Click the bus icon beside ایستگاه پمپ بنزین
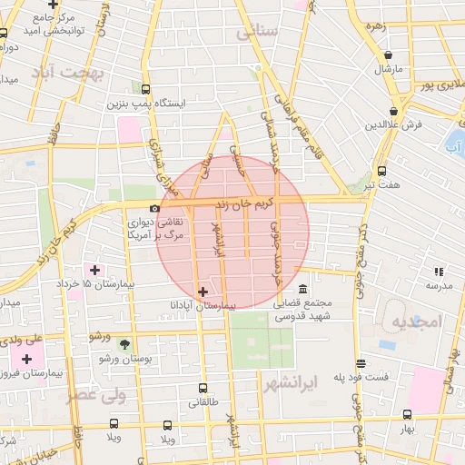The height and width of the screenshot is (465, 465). click(146, 89)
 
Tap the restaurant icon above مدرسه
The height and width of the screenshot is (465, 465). click(440, 271)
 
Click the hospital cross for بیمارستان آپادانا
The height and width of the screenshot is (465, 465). click(202, 292)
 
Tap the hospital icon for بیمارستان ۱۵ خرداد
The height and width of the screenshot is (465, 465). click(94, 269)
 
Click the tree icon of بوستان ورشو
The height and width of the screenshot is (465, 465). click(124, 345)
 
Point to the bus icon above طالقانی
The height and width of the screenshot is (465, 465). click(201, 388)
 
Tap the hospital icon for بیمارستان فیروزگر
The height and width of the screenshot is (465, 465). click(27, 359)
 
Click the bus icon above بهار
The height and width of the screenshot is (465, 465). click(407, 414)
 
